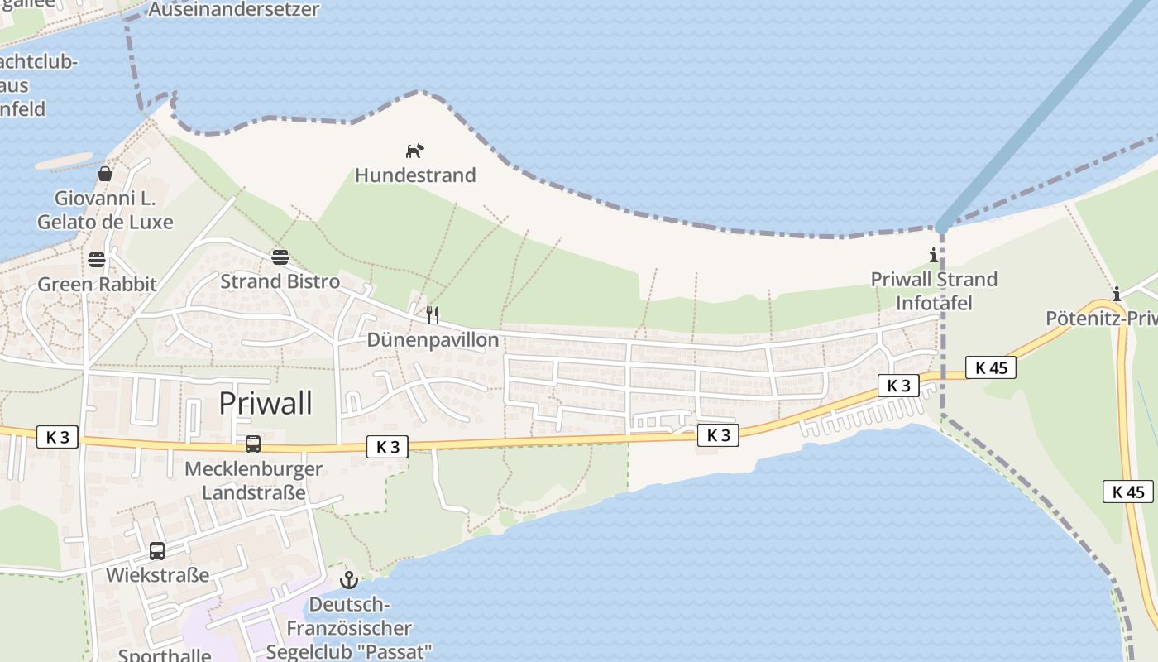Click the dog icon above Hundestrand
(414, 151)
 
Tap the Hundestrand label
(415, 175)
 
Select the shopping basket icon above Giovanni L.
(105, 174)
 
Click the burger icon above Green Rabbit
(97, 260)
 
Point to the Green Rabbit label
(97, 285)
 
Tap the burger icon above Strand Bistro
(280, 257)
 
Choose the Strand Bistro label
(280, 281)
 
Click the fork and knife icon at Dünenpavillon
(432, 314)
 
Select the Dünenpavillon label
(433, 340)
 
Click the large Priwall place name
(266, 404)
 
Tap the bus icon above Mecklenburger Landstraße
(253, 444)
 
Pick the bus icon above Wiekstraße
(156, 550)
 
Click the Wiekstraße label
(157, 575)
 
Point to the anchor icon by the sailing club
(348, 579)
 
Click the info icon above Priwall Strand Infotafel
(934, 255)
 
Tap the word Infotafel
(934, 303)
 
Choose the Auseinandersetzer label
(233, 10)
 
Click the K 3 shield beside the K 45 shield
(898, 386)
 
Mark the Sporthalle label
(164, 655)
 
